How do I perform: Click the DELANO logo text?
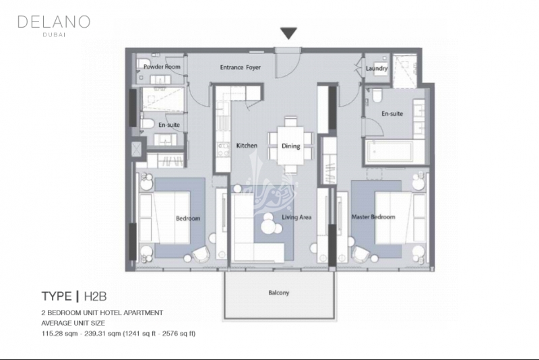coord(54,22)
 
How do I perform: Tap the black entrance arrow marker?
coord(288,33)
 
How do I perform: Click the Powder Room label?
coord(162,67)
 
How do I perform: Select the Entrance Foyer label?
coord(241,67)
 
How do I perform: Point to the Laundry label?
coord(377,68)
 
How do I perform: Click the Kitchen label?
coord(247,146)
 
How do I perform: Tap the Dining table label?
coord(291,146)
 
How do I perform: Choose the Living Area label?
coord(296,217)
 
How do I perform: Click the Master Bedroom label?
coord(373,217)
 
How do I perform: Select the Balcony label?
coord(279,293)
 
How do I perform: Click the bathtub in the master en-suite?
coord(390,152)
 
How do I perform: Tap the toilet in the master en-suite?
coord(377,96)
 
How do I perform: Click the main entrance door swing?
coord(284,65)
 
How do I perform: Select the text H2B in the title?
coord(95,297)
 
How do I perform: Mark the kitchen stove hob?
coord(224,150)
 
